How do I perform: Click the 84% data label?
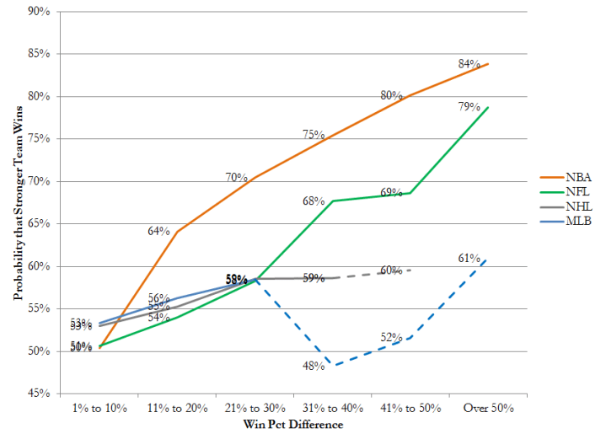[x=469, y=64]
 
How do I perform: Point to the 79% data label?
[x=469, y=107]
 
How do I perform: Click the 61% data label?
[x=469, y=258]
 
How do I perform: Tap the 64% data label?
[x=159, y=231]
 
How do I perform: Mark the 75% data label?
[x=314, y=135]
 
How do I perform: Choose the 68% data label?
[x=314, y=201]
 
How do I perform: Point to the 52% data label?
[x=391, y=337]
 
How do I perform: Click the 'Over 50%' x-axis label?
[x=488, y=409]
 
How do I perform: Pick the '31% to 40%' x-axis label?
[x=332, y=409]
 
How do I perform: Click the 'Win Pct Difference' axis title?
[x=293, y=425]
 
